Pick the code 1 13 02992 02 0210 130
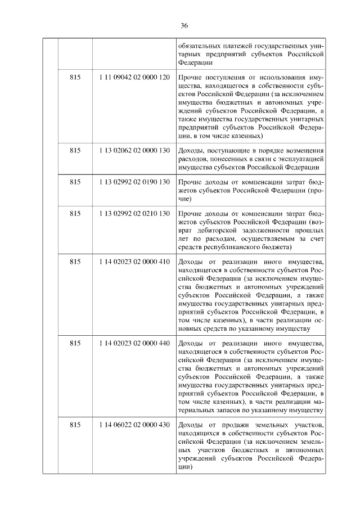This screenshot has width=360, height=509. (134, 214)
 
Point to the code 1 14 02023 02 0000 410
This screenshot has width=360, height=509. (134, 262)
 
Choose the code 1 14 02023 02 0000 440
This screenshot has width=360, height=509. (134, 343)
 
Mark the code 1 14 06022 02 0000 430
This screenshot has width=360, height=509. (134, 424)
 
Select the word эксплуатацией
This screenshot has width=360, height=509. (295, 159)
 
